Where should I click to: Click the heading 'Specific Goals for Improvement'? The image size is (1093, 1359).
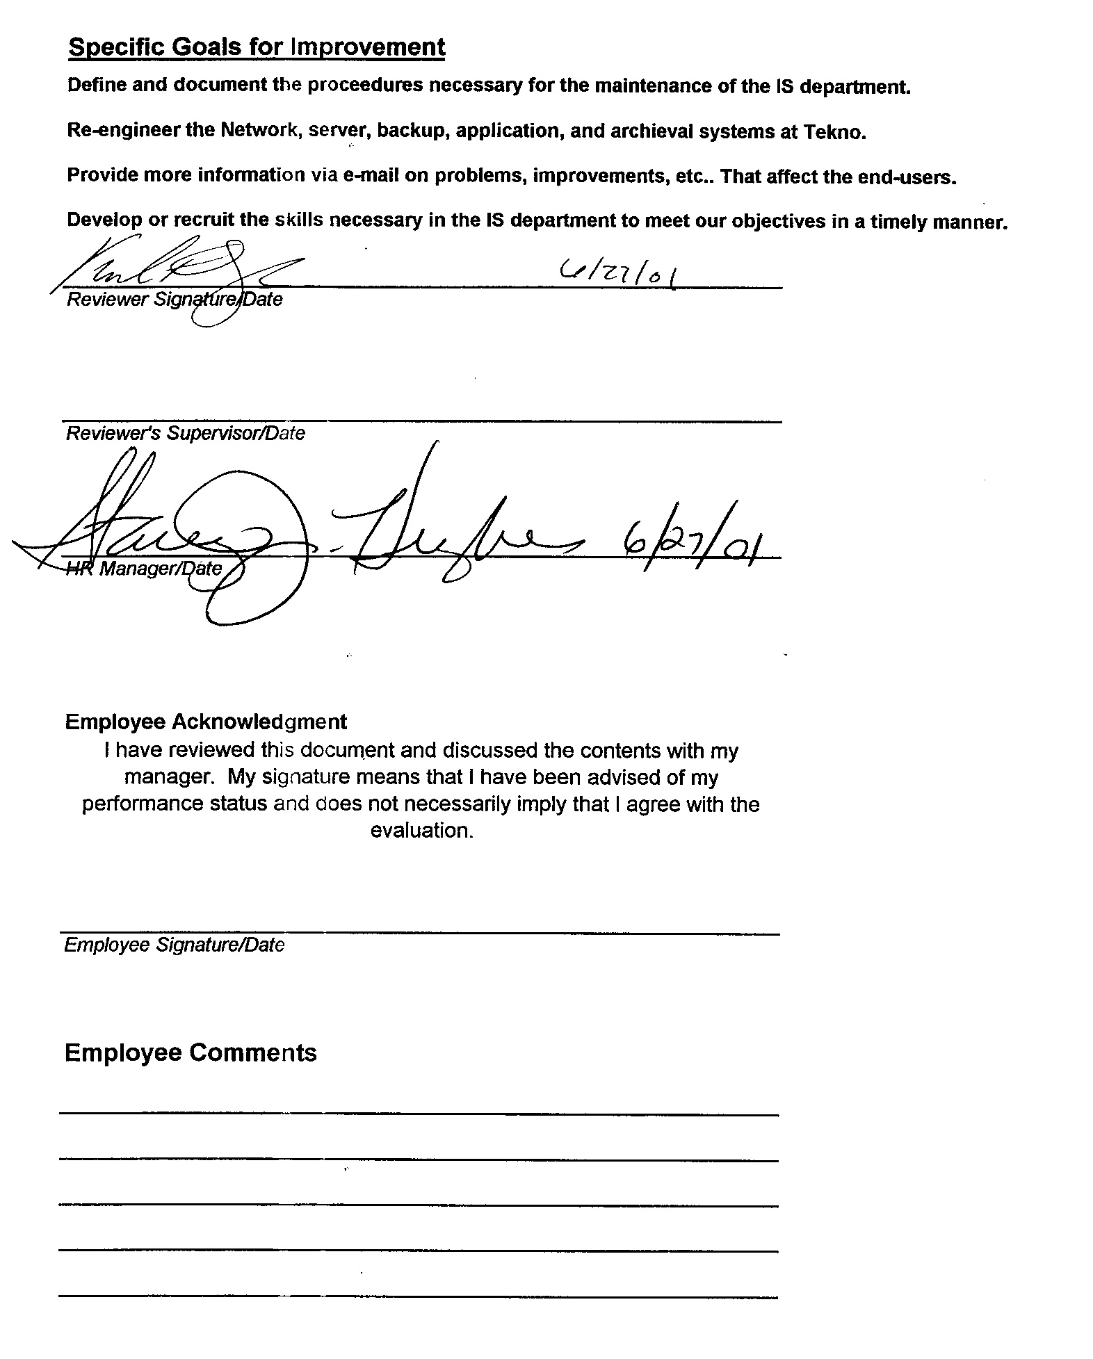pyautogui.click(x=257, y=47)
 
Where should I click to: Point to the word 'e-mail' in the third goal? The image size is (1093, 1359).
pyautogui.click(x=371, y=175)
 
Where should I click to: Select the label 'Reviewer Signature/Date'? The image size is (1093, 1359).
pyautogui.click(x=174, y=300)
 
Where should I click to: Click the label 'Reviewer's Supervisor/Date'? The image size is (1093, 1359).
pyautogui.click(x=185, y=434)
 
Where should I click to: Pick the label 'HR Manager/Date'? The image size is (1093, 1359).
pyautogui.click(x=144, y=569)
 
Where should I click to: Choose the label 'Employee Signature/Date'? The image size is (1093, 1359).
pyautogui.click(x=174, y=945)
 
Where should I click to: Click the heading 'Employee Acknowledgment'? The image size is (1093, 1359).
pyautogui.click(x=205, y=722)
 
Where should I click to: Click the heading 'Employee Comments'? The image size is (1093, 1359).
pyautogui.click(x=190, y=1052)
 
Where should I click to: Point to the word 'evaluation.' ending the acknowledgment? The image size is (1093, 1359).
pyautogui.click(x=421, y=831)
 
